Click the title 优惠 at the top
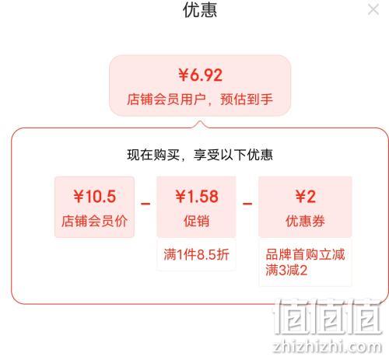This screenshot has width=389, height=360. click(x=200, y=10)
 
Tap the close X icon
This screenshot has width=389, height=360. click(x=373, y=10)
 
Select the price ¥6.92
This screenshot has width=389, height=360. click(x=200, y=75)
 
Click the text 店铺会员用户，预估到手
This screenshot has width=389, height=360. click(x=200, y=100)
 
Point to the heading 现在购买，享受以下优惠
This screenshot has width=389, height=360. click(x=200, y=155)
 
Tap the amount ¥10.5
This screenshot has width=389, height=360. click(x=95, y=196)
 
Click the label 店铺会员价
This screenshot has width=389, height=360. click(x=94, y=221)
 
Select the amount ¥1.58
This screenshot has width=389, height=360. click(x=197, y=196)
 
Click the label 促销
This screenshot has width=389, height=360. click(x=197, y=221)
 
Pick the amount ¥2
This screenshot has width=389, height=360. click(x=306, y=196)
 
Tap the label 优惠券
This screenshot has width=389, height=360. click(x=305, y=221)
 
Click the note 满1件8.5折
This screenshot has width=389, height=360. click(x=197, y=254)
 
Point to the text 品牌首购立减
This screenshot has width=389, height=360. click(x=305, y=254)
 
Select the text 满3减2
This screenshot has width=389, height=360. click(x=286, y=270)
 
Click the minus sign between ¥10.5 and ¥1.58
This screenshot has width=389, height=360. click(x=145, y=204)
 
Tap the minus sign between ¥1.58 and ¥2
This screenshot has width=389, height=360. click(x=247, y=204)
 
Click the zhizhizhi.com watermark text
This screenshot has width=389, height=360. click(x=328, y=347)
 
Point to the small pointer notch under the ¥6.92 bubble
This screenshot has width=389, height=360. click(x=200, y=124)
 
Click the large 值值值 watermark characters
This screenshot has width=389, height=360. click(x=328, y=316)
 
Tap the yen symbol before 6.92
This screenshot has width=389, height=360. click(x=183, y=75)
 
